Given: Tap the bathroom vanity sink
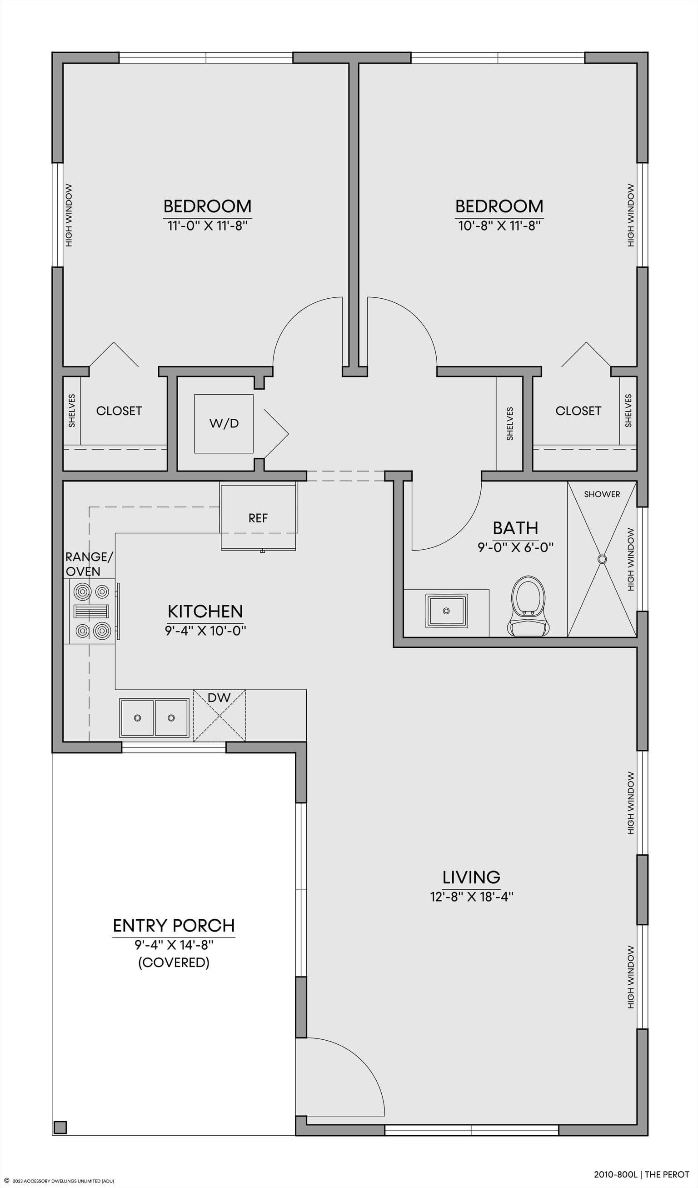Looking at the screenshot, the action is (x=446, y=611).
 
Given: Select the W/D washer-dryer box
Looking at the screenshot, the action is (x=224, y=423).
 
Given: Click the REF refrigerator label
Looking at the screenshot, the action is (x=258, y=518).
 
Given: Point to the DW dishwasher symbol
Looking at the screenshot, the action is (x=219, y=715).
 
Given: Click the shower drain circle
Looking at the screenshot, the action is (x=602, y=559).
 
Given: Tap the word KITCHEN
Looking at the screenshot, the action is (x=205, y=612).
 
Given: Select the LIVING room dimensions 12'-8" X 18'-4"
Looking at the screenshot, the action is (x=471, y=896).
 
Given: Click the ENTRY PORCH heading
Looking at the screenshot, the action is (x=174, y=925).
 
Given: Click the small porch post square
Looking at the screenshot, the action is (x=60, y=1127).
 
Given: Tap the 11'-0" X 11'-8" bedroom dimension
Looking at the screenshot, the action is (x=207, y=226).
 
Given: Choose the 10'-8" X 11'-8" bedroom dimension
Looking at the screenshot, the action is (x=499, y=226).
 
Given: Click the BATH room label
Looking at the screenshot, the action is (x=515, y=527).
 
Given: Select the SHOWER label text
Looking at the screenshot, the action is (x=602, y=494).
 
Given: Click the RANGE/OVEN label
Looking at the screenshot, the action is (x=89, y=564).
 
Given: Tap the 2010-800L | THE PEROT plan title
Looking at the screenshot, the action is (x=642, y=1174).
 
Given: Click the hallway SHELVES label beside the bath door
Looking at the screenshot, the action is (x=509, y=424).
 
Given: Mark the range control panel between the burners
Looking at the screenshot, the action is (x=91, y=612).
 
